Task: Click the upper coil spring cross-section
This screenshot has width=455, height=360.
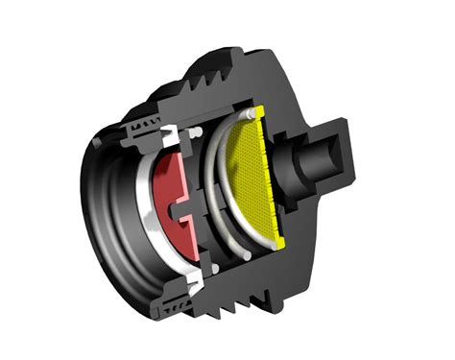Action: coord(144,122)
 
